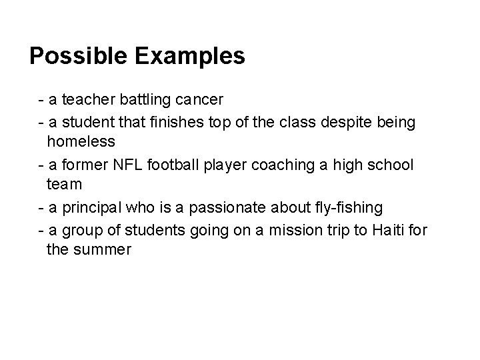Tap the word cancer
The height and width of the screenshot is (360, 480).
[x=198, y=100]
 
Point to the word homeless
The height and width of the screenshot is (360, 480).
[x=81, y=142]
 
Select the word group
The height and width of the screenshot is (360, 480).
[x=79, y=231]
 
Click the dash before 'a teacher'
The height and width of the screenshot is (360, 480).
[x=42, y=100]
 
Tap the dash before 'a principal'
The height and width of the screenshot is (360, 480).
[x=42, y=208]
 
